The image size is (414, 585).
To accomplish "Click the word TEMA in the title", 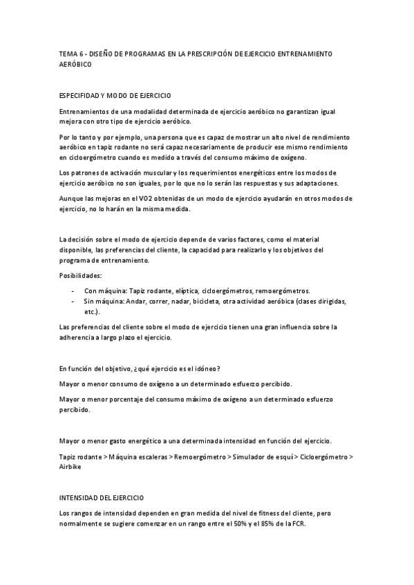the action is click(x=68, y=53).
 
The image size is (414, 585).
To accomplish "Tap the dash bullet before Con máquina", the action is click(x=73, y=290).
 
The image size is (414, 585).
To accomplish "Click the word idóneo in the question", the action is click(x=218, y=368).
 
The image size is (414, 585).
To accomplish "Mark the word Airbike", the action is click(x=71, y=466).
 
